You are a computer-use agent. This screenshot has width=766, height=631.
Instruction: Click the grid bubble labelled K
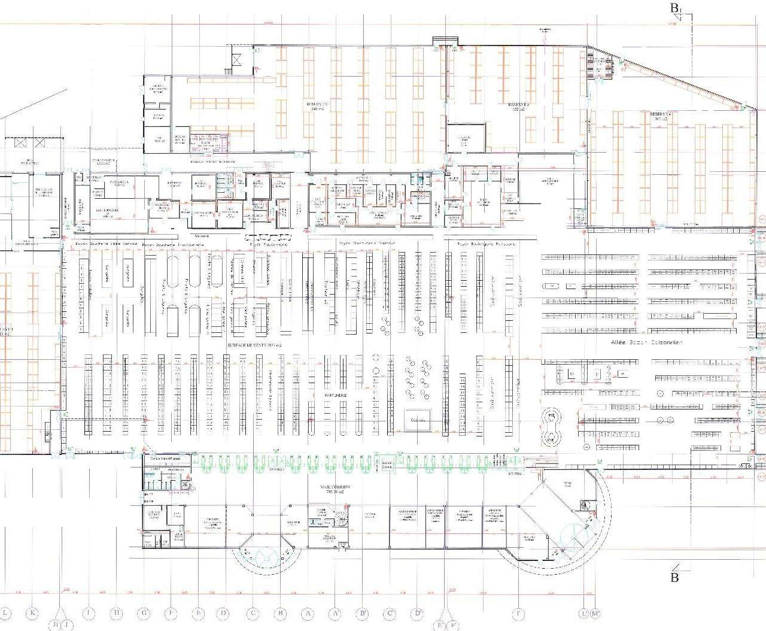click(33, 613)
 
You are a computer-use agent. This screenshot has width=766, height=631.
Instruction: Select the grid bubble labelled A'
click(336, 613)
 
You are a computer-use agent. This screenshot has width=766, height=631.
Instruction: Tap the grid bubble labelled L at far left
click(5, 613)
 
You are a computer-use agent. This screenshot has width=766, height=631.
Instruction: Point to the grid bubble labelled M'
click(595, 613)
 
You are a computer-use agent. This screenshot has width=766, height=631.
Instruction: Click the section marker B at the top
click(675, 8)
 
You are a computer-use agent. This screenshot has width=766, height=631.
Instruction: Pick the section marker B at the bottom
click(674, 577)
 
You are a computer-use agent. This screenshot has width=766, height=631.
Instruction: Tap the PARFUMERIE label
click(336, 396)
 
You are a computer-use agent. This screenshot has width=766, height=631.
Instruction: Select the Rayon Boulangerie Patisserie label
click(485, 244)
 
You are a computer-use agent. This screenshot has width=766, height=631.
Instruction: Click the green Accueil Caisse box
click(387, 464)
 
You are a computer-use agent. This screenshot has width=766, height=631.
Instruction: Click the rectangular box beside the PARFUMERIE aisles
click(417, 420)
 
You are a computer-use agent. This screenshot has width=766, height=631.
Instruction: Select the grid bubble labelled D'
click(417, 613)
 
